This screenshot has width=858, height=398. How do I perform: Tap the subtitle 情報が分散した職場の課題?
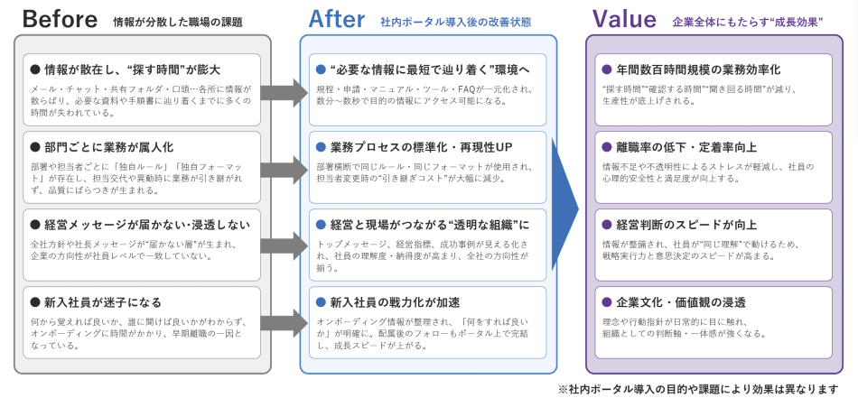pos(178,22)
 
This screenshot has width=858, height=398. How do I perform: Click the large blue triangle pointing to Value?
pos(564,206)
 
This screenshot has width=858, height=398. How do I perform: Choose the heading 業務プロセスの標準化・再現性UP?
pos(421,146)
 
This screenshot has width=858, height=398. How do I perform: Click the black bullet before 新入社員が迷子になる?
pos(35,301)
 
